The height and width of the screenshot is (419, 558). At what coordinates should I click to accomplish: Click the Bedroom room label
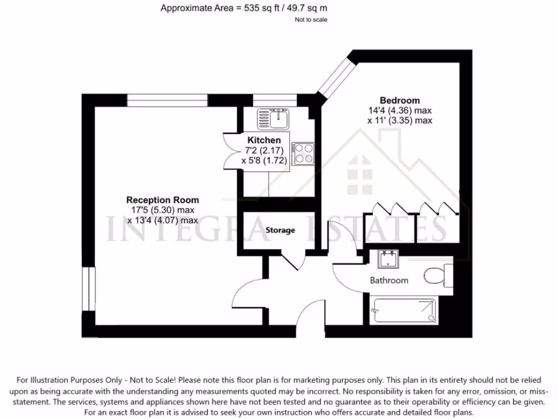[x=399, y=100]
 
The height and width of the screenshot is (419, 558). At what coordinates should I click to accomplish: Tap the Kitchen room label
[x=264, y=140]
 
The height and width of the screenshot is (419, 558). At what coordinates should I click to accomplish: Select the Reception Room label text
[x=162, y=200]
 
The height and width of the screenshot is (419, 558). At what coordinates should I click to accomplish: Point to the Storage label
[x=280, y=230]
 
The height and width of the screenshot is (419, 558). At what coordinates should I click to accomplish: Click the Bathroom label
[x=389, y=280]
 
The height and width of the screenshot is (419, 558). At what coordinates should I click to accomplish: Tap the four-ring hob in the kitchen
[x=302, y=153]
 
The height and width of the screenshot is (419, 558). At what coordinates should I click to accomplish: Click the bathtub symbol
[x=403, y=310]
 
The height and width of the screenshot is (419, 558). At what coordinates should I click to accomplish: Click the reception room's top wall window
[x=167, y=100]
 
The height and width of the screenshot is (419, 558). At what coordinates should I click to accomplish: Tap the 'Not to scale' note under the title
[x=311, y=20]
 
